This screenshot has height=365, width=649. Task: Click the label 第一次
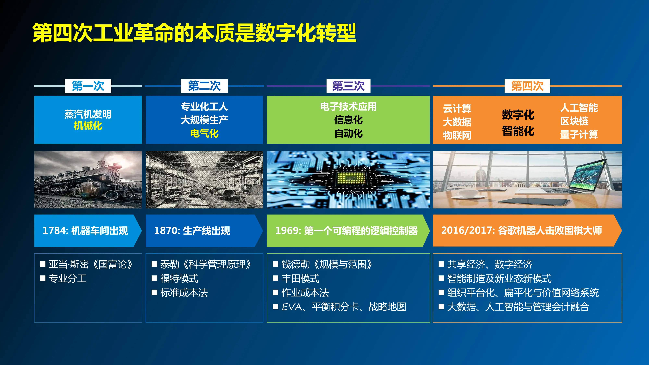click(88, 86)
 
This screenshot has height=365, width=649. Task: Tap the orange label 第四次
click(527, 86)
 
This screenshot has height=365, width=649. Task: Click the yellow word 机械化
click(88, 126)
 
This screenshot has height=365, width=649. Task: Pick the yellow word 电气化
click(204, 133)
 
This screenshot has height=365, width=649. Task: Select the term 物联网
click(457, 135)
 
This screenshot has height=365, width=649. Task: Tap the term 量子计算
click(579, 134)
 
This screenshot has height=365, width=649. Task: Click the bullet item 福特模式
click(179, 279)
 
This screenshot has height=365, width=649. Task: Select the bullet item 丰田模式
click(300, 279)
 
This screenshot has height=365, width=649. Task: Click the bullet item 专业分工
click(68, 279)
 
